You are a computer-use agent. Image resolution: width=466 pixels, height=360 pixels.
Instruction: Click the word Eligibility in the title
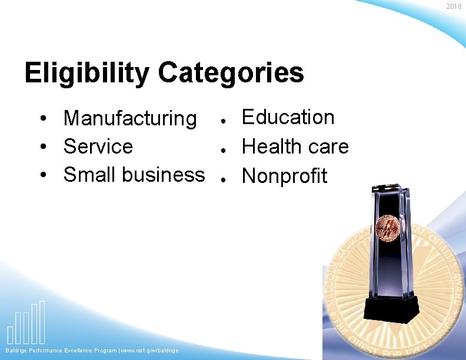coord(87,74)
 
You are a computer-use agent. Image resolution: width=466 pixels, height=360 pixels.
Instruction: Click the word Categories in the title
coord(231,74)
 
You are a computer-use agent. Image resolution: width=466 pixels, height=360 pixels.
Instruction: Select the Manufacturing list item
coord(130,118)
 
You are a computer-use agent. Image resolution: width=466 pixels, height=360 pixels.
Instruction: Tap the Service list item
coord(98,146)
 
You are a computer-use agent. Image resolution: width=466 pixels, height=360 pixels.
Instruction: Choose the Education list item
coord(288,117)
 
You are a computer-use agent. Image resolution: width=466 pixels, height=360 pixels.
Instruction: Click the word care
coord(327,147)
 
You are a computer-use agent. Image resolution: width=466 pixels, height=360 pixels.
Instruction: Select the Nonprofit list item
coord(284,176)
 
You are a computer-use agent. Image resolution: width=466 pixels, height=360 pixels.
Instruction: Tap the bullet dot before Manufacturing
coord(45,119)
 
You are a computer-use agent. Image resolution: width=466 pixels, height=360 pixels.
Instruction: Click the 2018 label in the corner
coord(454,6)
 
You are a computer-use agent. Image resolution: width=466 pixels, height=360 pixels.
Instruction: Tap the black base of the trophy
coord(391,309)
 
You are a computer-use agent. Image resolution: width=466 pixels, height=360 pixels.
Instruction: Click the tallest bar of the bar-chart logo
coord(42,322)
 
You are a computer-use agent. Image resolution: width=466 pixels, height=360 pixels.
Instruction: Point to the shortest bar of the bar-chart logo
coord(11,334)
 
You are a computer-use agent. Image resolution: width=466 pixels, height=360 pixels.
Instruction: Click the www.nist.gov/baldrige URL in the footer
coord(149,351)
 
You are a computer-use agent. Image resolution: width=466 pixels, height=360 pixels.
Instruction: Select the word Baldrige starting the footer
coord(18,351)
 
